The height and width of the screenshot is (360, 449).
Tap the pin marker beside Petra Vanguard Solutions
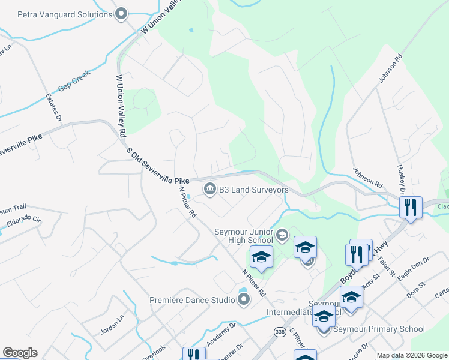pyautogui.click(x=122, y=13)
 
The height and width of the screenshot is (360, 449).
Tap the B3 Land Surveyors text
pyautogui.click(x=253, y=190)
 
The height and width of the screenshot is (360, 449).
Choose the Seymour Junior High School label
pyautogui.click(x=244, y=236)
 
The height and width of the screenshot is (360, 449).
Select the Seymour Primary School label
pyautogui.click(x=379, y=329)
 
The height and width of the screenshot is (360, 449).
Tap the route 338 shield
pyautogui.click(x=279, y=332)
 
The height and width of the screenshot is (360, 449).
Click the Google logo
pyautogui.click(x=20, y=353)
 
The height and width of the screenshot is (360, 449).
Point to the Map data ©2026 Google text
pyautogui.click(x=411, y=355)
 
